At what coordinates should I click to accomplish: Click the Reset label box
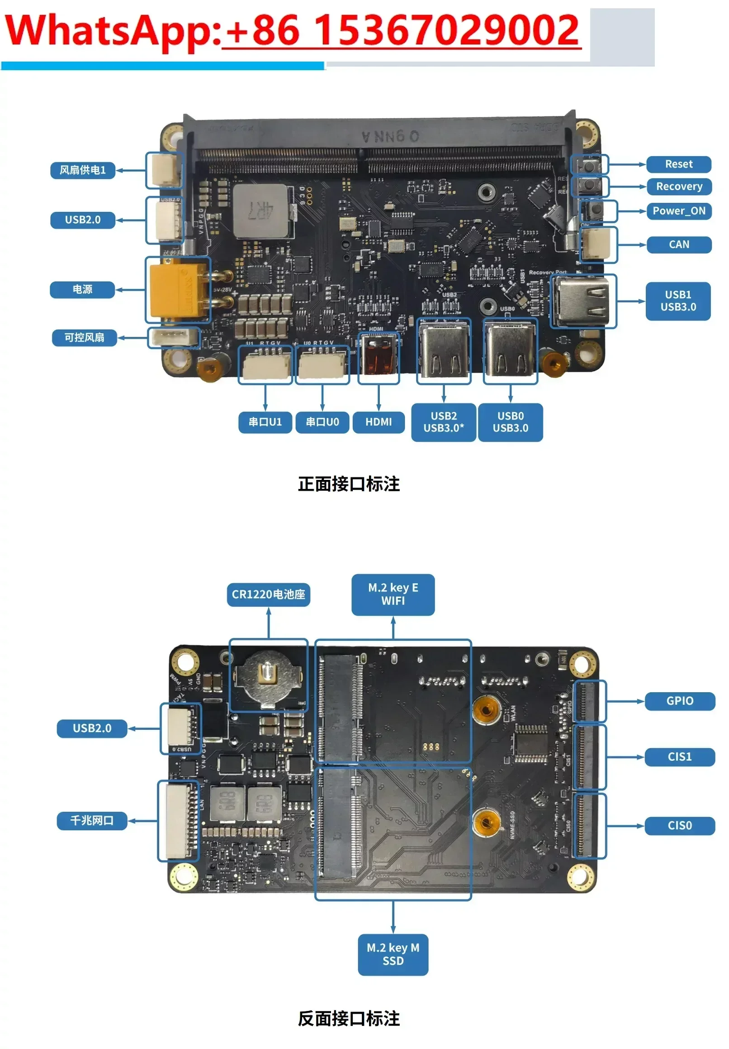point(678,164)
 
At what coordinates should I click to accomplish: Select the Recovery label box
point(678,187)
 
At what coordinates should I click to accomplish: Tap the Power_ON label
point(678,211)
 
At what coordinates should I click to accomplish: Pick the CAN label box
point(678,244)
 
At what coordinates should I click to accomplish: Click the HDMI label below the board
point(379,422)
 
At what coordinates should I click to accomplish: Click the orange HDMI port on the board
point(379,357)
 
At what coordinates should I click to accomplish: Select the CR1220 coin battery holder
point(268,676)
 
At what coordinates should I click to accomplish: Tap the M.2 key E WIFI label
point(393,594)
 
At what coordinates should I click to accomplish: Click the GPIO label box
point(679,701)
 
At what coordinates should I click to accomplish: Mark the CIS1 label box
point(679,757)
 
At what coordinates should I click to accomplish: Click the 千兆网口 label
point(92,820)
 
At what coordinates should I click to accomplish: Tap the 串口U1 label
point(265,422)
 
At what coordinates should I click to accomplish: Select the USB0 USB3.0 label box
point(510,422)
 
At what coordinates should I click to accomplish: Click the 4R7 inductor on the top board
point(260,211)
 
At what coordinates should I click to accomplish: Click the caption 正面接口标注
point(349,484)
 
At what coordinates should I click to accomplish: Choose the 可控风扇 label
point(84,338)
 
